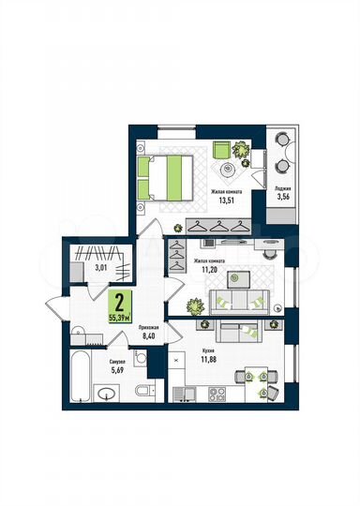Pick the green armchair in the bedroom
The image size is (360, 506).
coord(221,150)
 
